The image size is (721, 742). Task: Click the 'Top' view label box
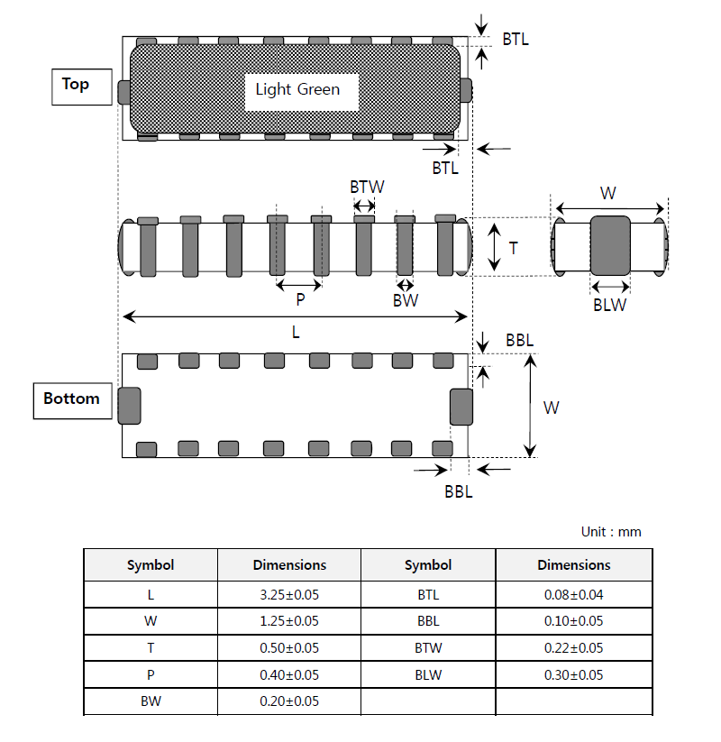tap(82, 87)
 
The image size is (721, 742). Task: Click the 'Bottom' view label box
tap(72, 401)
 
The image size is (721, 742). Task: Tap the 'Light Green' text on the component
tap(297, 89)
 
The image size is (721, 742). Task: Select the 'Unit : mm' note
tap(611, 532)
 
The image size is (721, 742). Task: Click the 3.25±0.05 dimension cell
tap(289, 594)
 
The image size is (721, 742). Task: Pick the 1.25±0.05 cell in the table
tap(289, 621)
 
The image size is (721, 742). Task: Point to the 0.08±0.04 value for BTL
tap(573, 594)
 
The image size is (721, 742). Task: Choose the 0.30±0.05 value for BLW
tap(573, 674)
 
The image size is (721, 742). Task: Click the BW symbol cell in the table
tap(151, 701)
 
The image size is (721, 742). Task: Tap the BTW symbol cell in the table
tap(428, 648)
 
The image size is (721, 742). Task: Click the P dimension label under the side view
tap(300, 299)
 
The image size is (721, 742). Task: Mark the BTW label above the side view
tap(367, 187)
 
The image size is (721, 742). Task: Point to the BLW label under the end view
tap(609, 306)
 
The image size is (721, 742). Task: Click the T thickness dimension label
tap(513, 248)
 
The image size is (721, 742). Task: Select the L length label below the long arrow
tap(296, 332)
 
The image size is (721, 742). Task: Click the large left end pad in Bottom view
tap(129, 406)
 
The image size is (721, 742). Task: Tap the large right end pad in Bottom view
tap(461, 407)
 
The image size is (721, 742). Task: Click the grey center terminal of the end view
tap(610, 245)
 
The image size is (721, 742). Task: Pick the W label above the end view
tap(608, 193)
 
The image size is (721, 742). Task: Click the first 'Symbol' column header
tap(151, 565)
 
